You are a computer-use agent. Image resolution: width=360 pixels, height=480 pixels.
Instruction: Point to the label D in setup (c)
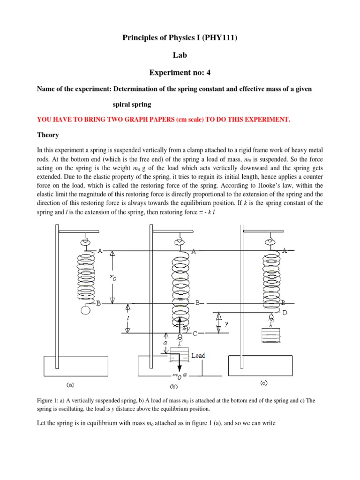pos(285,312)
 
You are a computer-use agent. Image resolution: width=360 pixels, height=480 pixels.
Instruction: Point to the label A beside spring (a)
pos(100,251)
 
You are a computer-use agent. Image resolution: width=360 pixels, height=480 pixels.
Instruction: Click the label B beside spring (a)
pos(98,303)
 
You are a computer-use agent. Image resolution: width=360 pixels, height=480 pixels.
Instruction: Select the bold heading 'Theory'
pos(48,135)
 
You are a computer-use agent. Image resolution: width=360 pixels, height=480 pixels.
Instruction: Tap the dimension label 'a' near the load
pos(165,343)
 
